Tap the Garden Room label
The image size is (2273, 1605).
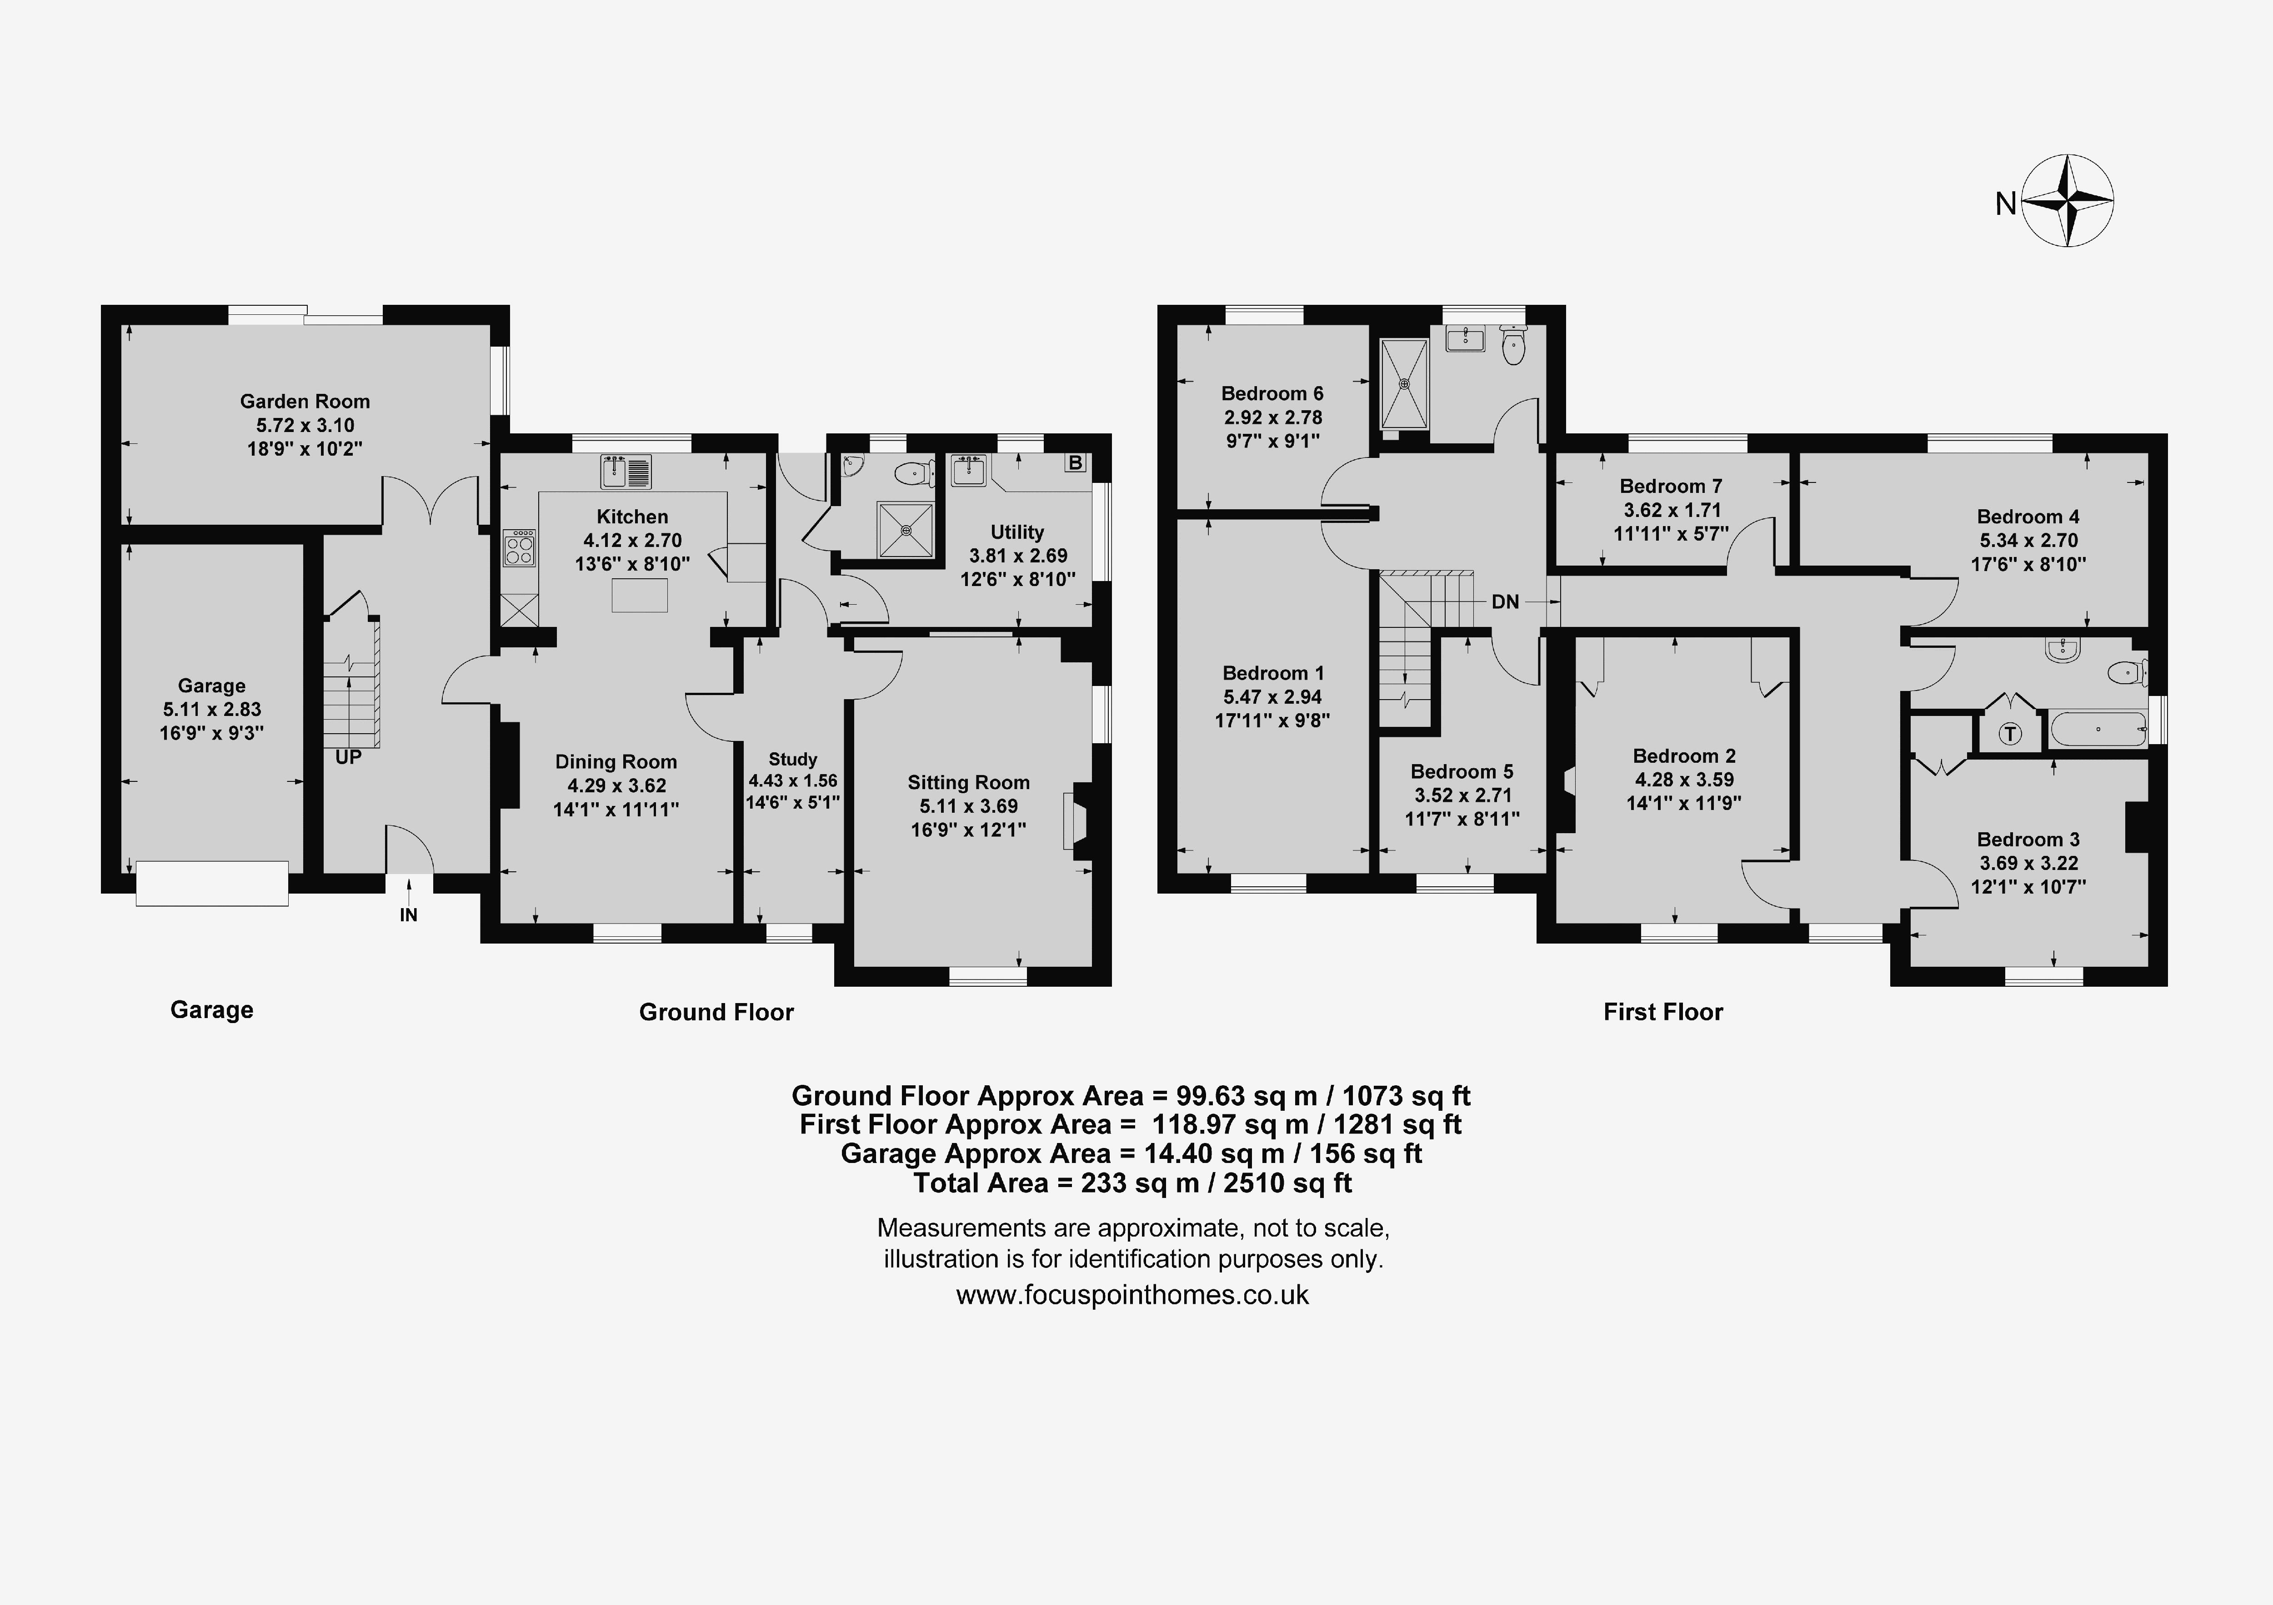pos(305,401)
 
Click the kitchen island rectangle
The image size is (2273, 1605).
pos(640,596)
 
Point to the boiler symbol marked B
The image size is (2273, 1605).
pos(1075,462)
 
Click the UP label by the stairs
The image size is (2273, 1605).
pos(349,757)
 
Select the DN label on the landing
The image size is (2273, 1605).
pos(1505,601)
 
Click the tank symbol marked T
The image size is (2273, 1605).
pos(2010,734)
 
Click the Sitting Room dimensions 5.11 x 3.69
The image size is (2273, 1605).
pos(968,806)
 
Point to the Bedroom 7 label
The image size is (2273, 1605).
pos(1671,486)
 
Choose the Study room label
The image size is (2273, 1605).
pos(793,759)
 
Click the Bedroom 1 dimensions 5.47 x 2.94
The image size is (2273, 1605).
pos(1272,696)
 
